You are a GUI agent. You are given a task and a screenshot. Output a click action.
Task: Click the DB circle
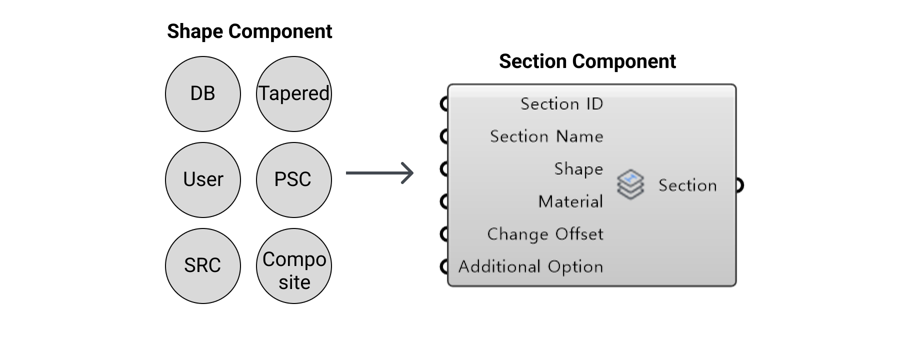203,94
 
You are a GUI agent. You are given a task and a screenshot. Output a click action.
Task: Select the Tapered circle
294,94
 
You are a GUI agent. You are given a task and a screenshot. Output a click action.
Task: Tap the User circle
203,180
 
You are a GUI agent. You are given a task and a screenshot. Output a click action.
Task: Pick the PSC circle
294,180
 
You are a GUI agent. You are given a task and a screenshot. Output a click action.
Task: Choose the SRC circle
203,266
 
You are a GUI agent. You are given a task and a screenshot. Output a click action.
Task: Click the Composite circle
294,266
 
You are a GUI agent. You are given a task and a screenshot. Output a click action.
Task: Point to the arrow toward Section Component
380,173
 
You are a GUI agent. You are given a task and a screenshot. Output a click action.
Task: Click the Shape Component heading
249,31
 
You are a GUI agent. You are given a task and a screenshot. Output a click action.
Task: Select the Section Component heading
587,61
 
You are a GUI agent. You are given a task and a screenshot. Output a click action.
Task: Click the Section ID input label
562,104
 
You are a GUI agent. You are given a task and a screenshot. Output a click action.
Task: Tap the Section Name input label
546,136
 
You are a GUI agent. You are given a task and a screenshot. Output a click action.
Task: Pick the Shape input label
578,169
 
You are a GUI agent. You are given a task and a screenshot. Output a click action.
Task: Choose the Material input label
571,201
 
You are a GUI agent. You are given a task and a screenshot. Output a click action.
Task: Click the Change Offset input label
545,234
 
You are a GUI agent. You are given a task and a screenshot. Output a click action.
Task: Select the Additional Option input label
531,267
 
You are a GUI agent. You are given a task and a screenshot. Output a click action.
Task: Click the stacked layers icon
630,185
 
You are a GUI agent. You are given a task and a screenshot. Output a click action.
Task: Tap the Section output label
687,185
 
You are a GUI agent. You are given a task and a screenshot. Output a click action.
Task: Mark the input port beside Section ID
443,104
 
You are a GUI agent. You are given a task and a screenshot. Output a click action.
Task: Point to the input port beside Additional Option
443,266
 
